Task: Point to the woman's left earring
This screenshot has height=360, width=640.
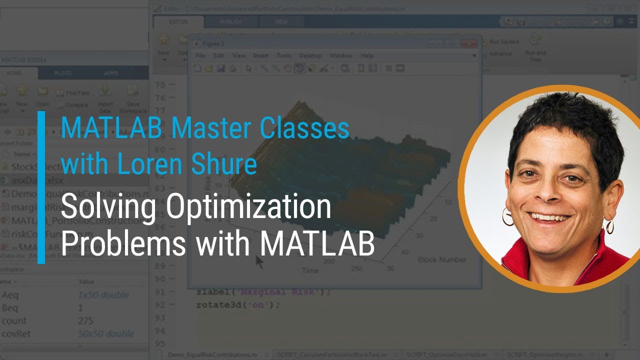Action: (609, 225)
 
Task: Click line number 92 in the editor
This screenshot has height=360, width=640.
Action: (159, 304)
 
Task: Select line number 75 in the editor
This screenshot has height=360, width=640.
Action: (159, 84)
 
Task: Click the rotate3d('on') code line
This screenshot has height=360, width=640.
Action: (238, 304)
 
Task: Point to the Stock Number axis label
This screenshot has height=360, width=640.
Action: (442, 259)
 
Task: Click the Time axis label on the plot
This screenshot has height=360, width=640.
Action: (310, 270)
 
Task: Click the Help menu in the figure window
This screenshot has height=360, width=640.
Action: (367, 55)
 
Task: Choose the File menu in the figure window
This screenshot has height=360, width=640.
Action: (200, 55)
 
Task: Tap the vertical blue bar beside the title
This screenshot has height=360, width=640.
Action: (41, 187)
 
